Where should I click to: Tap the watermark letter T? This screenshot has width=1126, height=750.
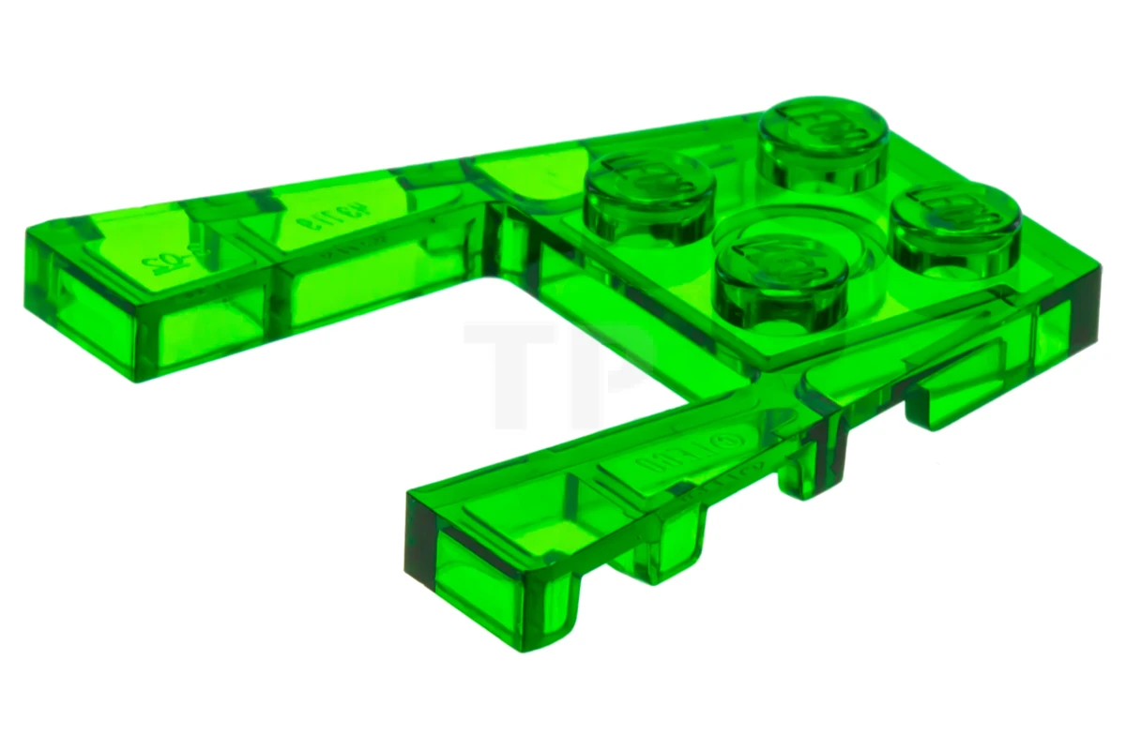(x=511, y=370)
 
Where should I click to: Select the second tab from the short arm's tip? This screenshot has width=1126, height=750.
(x=671, y=553)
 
